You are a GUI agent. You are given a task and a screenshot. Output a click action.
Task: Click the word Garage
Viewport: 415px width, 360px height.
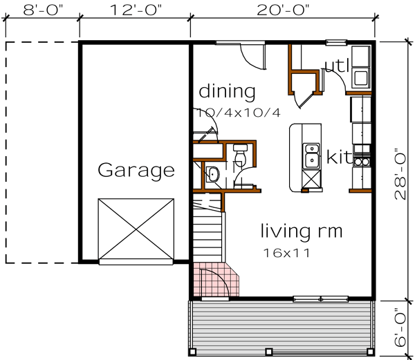(x=136, y=169)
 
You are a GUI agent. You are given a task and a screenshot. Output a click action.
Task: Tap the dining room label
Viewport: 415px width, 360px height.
(x=227, y=91)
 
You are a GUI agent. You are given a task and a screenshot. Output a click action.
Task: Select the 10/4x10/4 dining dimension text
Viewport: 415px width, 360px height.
(x=238, y=112)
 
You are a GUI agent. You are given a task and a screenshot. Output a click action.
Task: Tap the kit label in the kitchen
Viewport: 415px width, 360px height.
(x=339, y=158)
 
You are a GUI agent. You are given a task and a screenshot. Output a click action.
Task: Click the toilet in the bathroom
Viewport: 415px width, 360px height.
(x=212, y=173)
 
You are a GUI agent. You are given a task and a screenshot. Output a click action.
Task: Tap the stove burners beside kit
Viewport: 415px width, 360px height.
(x=362, y=161)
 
